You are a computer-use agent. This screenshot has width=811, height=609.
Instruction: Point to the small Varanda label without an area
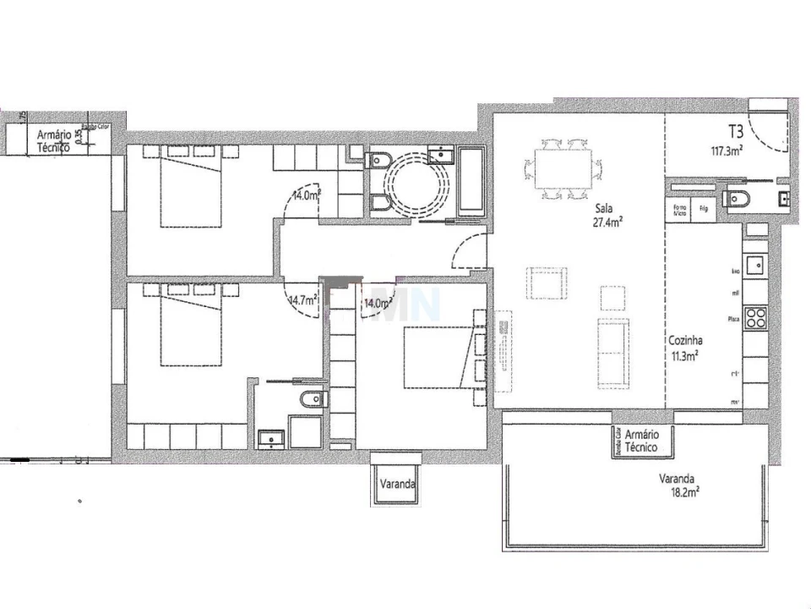(x=396, y=485)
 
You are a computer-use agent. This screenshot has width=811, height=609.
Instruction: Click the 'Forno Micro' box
(x=678, y=209)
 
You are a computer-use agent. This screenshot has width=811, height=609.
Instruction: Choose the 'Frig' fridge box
(x=702, y=207)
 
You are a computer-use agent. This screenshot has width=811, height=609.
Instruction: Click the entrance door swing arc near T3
(x=770, y=132)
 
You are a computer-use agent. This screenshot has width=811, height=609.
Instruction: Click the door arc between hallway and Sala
(x=467, y=251)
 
